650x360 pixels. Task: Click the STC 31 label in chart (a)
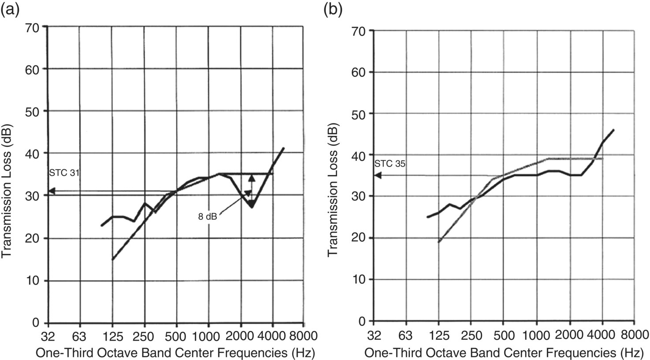tap(64, 173)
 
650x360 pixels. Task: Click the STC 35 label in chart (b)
tap(390, 163)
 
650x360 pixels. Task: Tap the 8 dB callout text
tap(207, 216)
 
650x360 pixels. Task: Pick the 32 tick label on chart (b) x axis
tap(374, 334)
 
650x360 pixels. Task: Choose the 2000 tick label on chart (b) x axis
tap(569, 334)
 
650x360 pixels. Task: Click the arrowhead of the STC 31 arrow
tap(51, 191)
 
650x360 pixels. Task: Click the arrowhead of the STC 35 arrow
tap(377, 175)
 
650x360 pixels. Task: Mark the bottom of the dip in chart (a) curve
tap(251, 207)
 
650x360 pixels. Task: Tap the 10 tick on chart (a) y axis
tap(35, 281)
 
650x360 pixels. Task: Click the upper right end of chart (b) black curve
tap(613, 130)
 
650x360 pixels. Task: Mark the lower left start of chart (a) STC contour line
tap(112, 260)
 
